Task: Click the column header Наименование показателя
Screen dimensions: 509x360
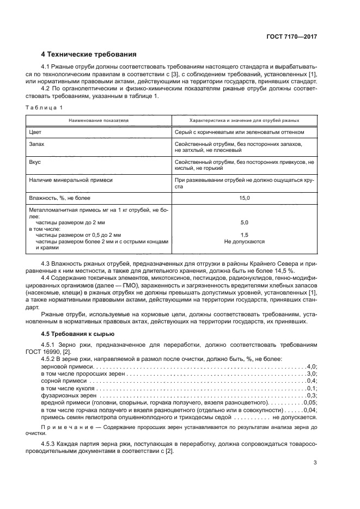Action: (x=99, y=120)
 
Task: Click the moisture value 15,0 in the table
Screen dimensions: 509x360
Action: (x=244, y=198)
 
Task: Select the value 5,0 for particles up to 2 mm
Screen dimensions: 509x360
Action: (x=244, y=223)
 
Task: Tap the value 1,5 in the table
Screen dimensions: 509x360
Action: (x=244, y=235)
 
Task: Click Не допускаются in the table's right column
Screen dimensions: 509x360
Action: (x=244, y=241)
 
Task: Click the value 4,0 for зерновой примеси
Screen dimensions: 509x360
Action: (x=312, y=367)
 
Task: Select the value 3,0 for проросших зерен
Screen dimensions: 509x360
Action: (x=312, y=374)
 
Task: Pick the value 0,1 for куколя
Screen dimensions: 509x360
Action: (x=312, y=388)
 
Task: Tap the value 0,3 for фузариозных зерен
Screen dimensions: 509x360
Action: (x=312, y=395)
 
